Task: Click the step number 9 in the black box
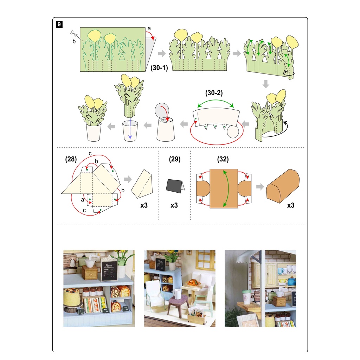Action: (x=59, y=24)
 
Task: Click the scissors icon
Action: (x=74, y=33)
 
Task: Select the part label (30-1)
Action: (x=159, y=68)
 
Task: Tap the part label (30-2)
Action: (x=214, y=93)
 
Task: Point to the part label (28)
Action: (x=71, y=159)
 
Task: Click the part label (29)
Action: (x=174, y=159)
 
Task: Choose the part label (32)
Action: (x=223, y=159)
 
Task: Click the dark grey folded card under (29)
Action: (x=175, y=186)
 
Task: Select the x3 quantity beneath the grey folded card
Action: (x=174, y=205)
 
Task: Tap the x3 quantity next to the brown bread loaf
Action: (x=291, y=205)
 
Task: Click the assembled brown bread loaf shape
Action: (x=283, y=186)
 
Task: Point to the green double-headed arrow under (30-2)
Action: (x=216, y=100)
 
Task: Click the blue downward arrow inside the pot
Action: (x=130, y=129)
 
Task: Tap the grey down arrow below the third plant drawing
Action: (x=266, y=84)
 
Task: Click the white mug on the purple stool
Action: (x=178, y=294)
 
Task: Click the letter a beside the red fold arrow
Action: (x=149, y=29)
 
